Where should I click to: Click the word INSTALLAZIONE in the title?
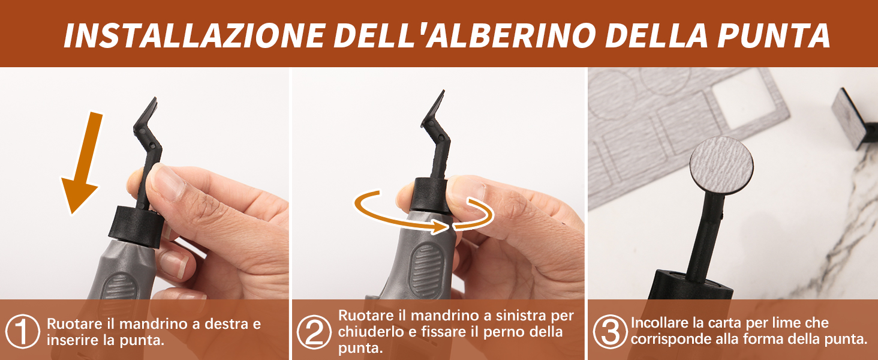coord(195,35)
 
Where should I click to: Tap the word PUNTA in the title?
coord(773,35)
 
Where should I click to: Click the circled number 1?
coord(22,331)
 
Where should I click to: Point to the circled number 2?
coord(314,332)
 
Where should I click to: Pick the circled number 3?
coord(610,332)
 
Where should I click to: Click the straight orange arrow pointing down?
coord(81,163)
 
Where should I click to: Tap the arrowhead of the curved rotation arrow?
coord(440,226)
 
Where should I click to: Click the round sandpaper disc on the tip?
coord(721,165)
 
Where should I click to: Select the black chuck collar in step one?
coord(137,227)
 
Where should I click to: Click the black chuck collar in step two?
coord(430,195)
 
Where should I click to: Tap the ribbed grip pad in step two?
coord(426,271)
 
